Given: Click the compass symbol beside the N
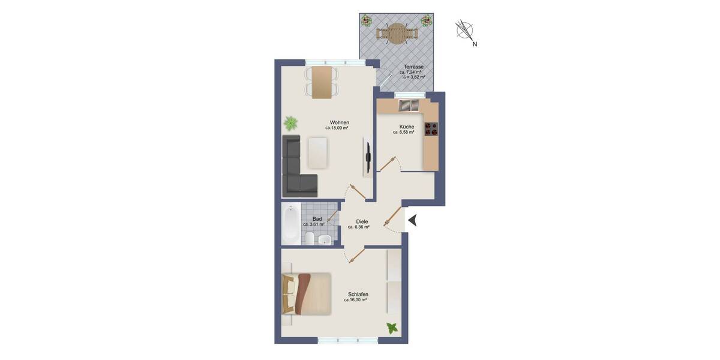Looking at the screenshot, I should point(464,29).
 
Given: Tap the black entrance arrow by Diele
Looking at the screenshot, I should point(413,221).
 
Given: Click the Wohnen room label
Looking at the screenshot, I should point(339,122).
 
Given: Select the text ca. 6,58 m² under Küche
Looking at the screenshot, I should point(404,132).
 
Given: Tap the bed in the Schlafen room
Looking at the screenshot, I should point(307,293).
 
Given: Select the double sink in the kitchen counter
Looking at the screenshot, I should point(409,106).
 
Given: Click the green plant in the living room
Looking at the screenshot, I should point(290,124).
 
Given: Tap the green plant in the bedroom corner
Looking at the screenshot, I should point(392,328).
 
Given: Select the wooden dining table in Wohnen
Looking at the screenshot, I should point(322,82).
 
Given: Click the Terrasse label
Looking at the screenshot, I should point(413,67).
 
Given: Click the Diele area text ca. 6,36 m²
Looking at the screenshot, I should point(358,227).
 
